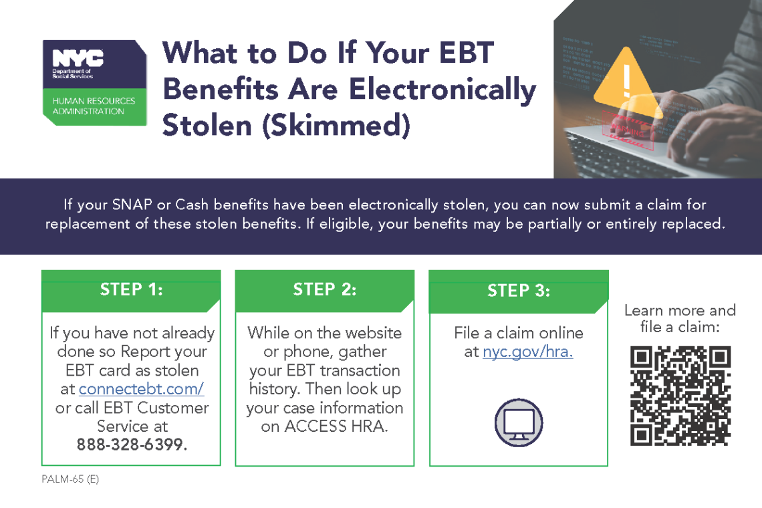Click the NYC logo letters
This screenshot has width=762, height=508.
pos(78,58)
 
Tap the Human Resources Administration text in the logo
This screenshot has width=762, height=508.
pos(94,106)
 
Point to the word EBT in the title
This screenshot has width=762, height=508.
pos(467,53)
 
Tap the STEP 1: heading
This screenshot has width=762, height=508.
pos(131,289)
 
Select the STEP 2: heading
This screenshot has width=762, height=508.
pos(325,289)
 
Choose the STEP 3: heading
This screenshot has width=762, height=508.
pos(519,291)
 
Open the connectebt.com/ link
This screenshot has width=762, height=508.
pos(141,389)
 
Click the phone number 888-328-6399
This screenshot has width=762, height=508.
pos(132,444)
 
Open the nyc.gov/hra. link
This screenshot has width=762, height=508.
pos(528,352)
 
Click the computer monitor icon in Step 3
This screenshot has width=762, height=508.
pos(519,422)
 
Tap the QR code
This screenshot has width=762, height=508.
pos(680,396)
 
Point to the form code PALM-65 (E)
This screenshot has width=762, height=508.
pos(70,479)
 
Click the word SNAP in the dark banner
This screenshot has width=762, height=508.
pos(132,205)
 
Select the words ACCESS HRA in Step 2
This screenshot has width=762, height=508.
pos(336,426)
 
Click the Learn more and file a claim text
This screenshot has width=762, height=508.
pos(680,318)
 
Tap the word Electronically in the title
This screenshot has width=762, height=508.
pos(442,90)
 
